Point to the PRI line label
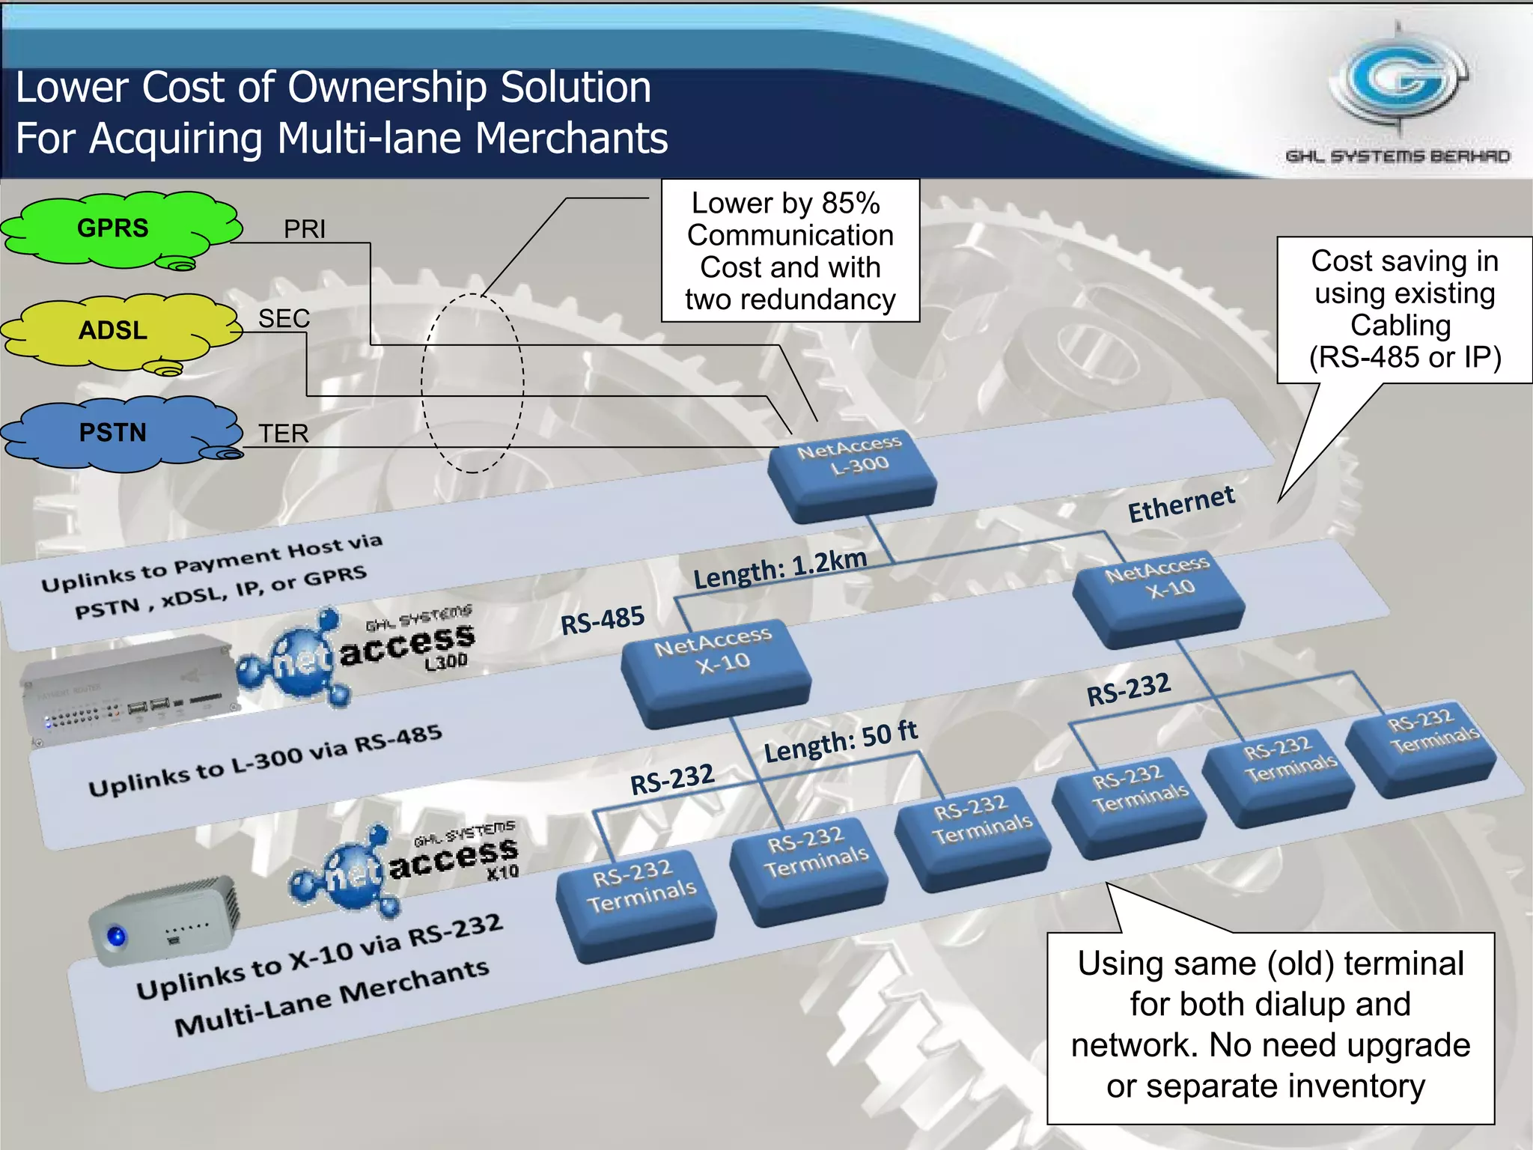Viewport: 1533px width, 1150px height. point(305,228)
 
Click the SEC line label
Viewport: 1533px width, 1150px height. point(284,319)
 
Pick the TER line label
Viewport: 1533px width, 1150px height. point(284,433)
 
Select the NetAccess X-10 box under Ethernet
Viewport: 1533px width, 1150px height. point(1159,595)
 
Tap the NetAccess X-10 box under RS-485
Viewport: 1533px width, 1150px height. point(715,668)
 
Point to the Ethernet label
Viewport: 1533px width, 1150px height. point(1181,505)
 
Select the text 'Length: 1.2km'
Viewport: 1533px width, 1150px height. point(780,568)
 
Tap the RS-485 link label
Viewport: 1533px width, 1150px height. point(603,621)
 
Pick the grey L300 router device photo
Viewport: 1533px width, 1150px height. point(127,689)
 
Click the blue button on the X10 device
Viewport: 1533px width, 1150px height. point(116,936)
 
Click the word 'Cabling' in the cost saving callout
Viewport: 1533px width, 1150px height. point(1401,326)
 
